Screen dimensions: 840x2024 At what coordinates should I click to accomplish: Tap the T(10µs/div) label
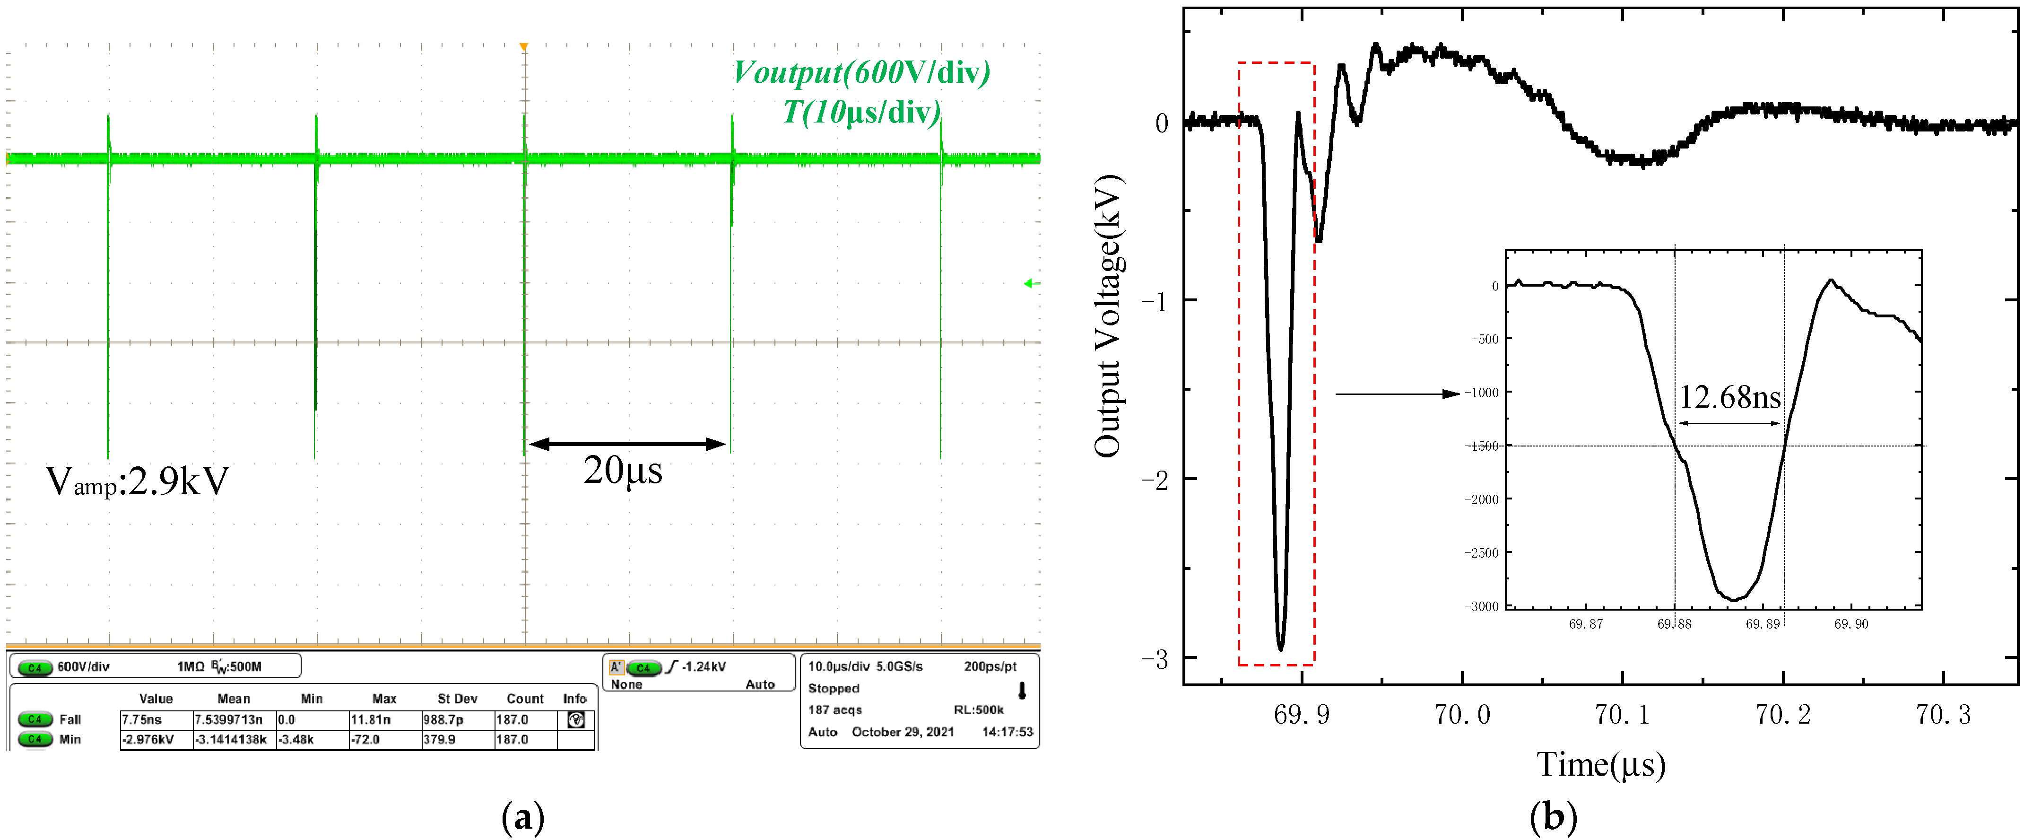coord(861,113)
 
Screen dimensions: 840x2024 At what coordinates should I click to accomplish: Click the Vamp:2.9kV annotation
coord(138,481)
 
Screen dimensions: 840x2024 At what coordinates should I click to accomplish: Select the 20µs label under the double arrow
coord(622,471)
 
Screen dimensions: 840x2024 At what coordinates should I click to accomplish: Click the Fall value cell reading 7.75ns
coord(142,719)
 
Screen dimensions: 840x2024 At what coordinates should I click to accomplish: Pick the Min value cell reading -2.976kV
coord(148,739)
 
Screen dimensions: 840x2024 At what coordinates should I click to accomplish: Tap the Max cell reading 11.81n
coord(371,719)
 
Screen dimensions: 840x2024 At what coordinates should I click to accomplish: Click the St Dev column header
coord(457,699)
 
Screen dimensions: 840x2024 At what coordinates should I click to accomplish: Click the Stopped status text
coord(834,688)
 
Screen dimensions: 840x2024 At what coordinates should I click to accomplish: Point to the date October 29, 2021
coord(903,732)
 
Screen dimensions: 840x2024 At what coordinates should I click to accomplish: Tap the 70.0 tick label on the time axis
coord(1462,715)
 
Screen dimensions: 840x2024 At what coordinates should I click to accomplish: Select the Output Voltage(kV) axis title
coord(1108,316)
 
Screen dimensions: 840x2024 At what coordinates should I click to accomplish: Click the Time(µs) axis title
coord(1600,765)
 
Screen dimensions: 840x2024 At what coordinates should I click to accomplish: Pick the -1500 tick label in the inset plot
coord(1483,446)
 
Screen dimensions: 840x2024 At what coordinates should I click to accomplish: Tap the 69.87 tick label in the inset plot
coord(1586,624)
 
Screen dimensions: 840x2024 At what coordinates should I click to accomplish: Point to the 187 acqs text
coord(835,709)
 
